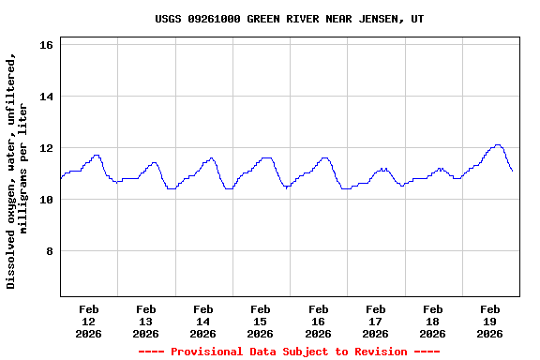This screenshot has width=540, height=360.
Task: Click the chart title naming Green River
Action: (289, 19)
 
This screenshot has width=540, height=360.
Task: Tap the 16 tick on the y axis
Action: (48, 45)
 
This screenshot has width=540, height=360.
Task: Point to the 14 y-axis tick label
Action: (48, 97)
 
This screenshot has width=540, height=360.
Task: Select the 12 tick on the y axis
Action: (48, 148)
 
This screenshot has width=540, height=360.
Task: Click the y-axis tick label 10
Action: (48, 200)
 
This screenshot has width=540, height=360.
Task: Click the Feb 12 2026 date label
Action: (89, 321)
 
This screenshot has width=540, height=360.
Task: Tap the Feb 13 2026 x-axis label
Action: (146, 321)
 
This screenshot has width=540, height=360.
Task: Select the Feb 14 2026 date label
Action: (203, 321)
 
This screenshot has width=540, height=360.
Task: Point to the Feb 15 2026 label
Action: (261, 321)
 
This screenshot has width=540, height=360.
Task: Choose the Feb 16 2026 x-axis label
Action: (318, 321)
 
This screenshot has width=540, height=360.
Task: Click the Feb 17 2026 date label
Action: (375, 321)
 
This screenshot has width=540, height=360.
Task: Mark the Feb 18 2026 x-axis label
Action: (432, 321)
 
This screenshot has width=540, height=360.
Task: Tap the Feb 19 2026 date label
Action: (489, 321)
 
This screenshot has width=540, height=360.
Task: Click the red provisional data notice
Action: (289, 352)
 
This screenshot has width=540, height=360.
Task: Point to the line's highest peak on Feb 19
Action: (498, 145)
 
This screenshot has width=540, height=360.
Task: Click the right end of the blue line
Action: (512, 171)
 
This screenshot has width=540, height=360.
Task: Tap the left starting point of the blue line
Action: (61, 178)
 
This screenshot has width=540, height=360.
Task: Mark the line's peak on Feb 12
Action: (97, 155)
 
